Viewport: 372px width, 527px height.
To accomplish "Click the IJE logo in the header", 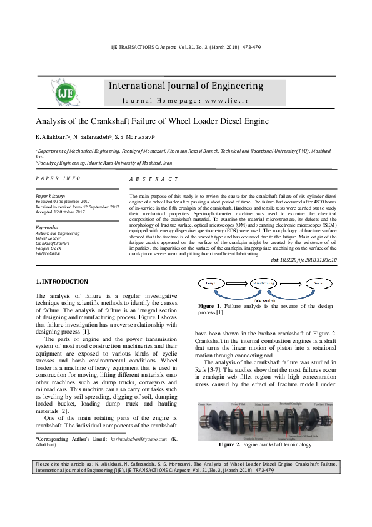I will click(x=64, y=93).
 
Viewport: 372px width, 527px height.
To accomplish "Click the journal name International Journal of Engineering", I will click(x=186, y=86).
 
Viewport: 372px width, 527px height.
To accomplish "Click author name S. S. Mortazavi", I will click(x=139, y=136).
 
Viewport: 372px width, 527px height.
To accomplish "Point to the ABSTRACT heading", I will click(x=154, y=179).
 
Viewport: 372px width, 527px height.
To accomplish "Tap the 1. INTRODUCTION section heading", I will click(x=62, y=282).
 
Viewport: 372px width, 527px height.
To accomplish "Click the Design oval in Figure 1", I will click(x=211, y=284).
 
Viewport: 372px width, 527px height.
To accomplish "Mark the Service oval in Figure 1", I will click(x=319, y=284).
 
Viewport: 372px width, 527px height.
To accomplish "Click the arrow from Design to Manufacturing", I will click(x=236, y=284).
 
